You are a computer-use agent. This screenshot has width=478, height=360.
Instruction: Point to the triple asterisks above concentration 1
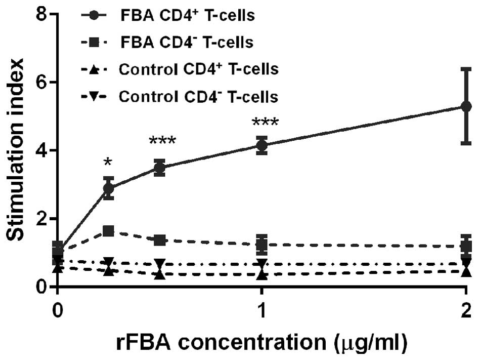point(262,124)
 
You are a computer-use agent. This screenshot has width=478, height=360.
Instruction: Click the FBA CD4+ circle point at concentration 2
point(466,106)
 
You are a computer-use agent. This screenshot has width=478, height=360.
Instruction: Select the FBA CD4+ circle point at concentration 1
point(262,146)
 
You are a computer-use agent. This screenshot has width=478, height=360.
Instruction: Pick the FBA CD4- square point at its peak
point(108,231)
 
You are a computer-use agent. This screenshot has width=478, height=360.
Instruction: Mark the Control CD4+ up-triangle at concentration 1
point(262,274)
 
